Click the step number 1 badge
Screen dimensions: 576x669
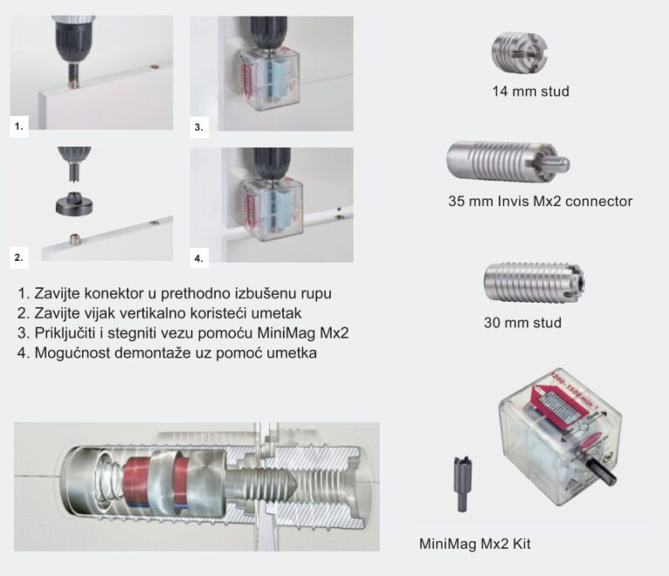click(19, 125)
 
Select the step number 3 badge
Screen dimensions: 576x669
click(199, 125)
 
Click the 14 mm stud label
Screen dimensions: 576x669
click(530, 90)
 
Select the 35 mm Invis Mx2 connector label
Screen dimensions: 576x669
click(540, 201)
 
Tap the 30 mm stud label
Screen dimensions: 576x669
click(523, 323)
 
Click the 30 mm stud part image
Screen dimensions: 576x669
click(532, 284)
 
